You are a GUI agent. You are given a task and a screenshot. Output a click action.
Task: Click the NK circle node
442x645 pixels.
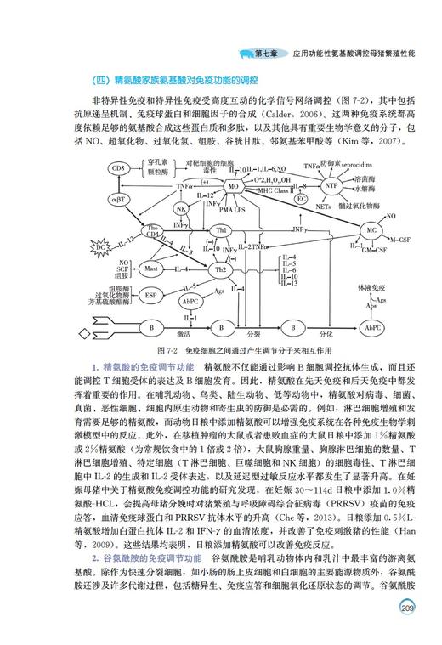point(180,209)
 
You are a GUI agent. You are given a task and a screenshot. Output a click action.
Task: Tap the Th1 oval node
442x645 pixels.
point(222,232)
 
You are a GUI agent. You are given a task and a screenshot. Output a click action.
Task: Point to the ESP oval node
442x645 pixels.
point(151,296)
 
